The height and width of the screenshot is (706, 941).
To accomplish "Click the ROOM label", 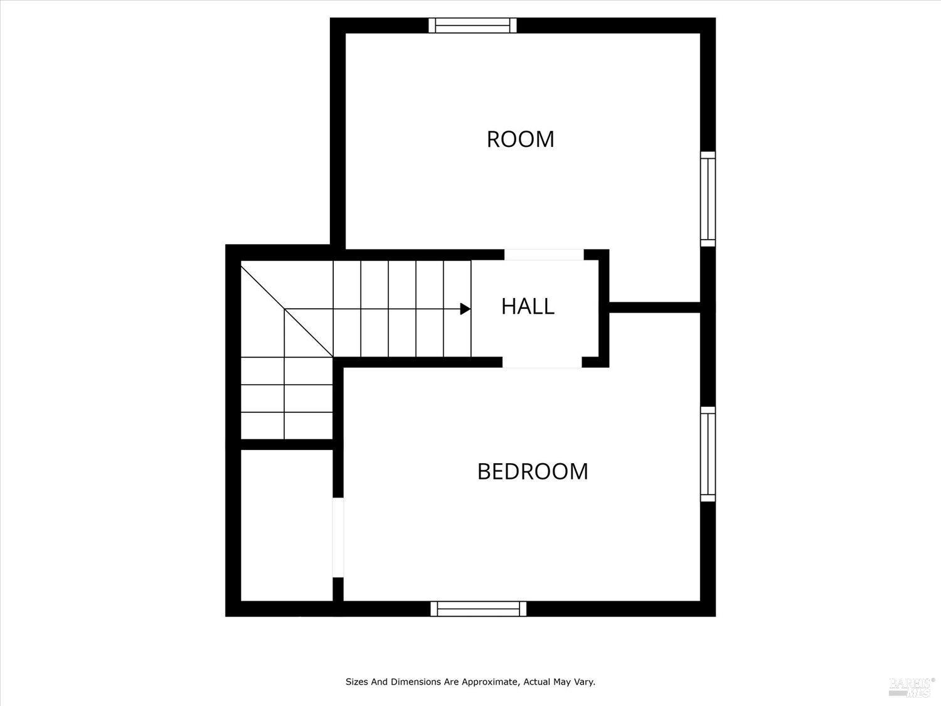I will coord(520,139).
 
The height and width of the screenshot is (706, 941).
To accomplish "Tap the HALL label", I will coord(528,306).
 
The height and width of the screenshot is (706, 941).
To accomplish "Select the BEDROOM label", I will coord(533,471).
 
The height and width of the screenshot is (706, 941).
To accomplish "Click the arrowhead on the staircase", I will coord(465,309).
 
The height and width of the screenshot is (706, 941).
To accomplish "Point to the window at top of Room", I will coord(473,25).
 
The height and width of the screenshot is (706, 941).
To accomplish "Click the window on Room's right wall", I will coord(708,199).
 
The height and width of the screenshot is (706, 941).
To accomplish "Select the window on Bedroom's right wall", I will coord(708,454).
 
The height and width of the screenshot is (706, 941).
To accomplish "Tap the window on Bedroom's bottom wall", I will coord(479,609).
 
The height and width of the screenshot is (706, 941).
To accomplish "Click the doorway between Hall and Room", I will coord(544,255).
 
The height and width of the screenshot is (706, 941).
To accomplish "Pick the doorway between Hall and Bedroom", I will coord(542,362).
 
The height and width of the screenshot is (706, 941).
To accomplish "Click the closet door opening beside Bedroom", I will coord(338,537).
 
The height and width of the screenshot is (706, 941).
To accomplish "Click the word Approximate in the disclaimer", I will coord(489,682).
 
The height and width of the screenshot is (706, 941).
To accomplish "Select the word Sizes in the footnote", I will coord(356,682).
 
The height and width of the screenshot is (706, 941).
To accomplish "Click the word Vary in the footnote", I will coord(585,682).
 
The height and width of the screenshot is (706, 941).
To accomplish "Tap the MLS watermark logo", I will coord(910,687).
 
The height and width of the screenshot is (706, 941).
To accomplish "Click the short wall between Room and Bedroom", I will coord(655,308).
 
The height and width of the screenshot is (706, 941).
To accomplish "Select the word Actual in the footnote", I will coord(535,682).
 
